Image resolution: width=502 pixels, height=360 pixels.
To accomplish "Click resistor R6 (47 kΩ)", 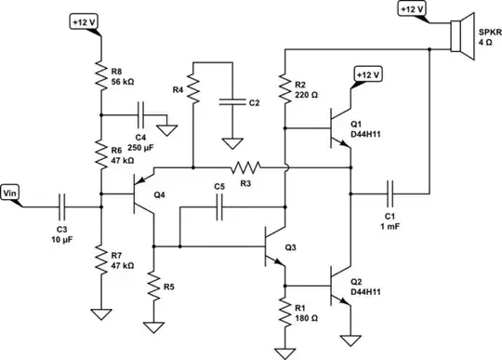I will click(x=100, y=153).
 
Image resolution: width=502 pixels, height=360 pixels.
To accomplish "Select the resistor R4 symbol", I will click(x=192, y=91).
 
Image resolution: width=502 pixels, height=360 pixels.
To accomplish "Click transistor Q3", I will click(x=275, y=247).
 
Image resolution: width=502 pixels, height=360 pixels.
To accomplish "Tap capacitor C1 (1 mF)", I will click(x=390, y=194).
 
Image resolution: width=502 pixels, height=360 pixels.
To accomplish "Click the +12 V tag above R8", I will click(x=86, y=20).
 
